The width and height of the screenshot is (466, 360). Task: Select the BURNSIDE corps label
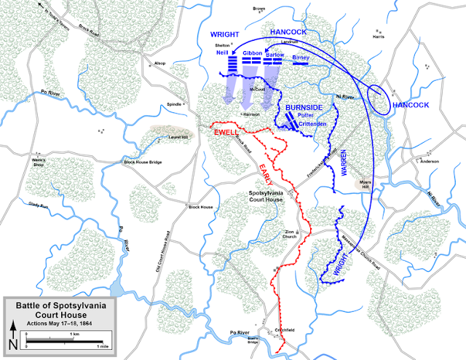(x=304, y=107)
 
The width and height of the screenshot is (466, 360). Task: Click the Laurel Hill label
(x=167, y=135)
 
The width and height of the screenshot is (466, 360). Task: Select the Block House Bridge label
(x=144, y=161)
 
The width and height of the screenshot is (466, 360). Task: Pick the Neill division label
(x=222, y=53)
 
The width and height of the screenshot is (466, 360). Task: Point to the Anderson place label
(x=430, y=160)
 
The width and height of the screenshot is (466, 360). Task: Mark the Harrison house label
(x=251, y=114)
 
